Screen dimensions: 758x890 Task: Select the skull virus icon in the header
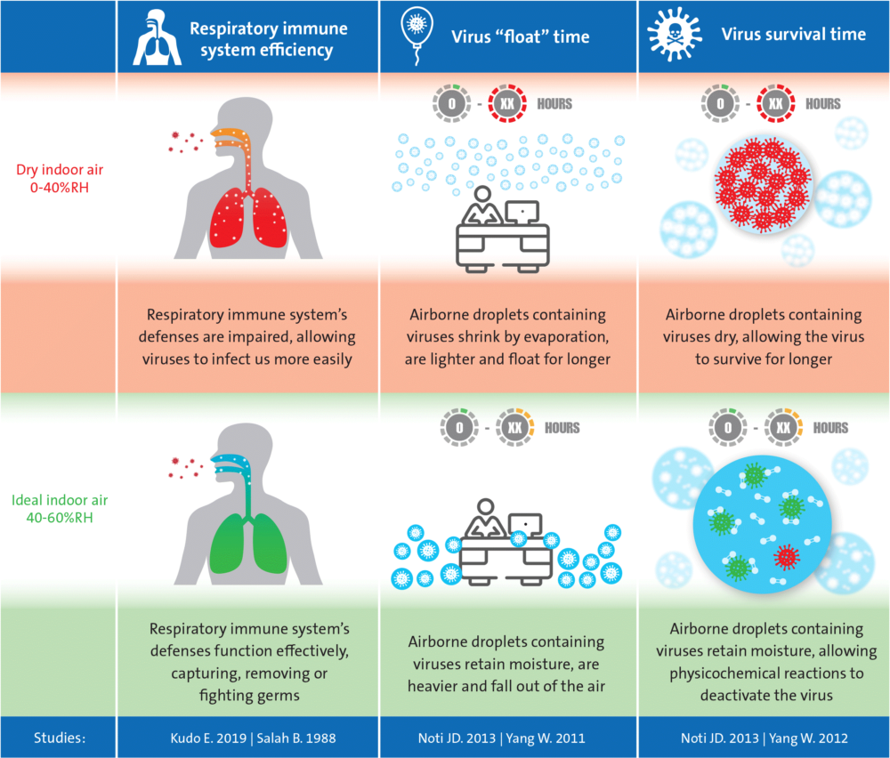[x=673, y=35]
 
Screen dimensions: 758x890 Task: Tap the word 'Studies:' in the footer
[x=59, y=738]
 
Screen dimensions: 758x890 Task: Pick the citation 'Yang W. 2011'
[x=554, y=738]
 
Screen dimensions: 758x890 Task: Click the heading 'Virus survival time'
[x=793, y=35]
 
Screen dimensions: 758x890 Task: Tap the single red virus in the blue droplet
[x=786, y=557]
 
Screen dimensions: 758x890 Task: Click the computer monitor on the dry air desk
[x=521, y=212]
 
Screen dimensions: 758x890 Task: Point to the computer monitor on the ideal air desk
[x=525, y=525]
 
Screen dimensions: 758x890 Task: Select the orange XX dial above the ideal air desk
[x=514, y=428]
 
